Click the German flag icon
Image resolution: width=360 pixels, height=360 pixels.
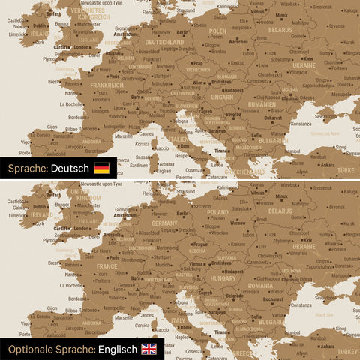101,169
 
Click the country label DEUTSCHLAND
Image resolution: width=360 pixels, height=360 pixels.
164,43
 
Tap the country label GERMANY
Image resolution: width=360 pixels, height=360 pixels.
164,223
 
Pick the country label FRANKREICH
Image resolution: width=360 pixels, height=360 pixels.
107,85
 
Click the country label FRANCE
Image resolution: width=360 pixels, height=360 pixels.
107,265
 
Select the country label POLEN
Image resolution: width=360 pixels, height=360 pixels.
217,31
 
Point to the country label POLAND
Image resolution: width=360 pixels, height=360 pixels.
217,212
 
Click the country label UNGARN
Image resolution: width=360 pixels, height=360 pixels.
222,96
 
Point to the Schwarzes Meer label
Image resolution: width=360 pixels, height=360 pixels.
325,133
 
